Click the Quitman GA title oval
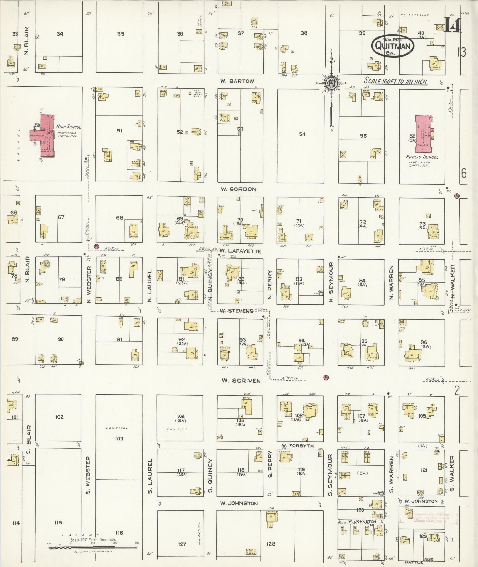[393, 46]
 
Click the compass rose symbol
[331, 83]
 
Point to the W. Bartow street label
[237, 81]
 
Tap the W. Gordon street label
[239, 189]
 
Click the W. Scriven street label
[241, 381]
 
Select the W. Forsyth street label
[293, 445]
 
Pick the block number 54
[302, 134]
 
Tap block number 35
[120, 34]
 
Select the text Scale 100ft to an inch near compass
[395, 81]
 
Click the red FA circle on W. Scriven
[326, 378]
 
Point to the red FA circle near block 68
[96, 246]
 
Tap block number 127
[182, 544]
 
